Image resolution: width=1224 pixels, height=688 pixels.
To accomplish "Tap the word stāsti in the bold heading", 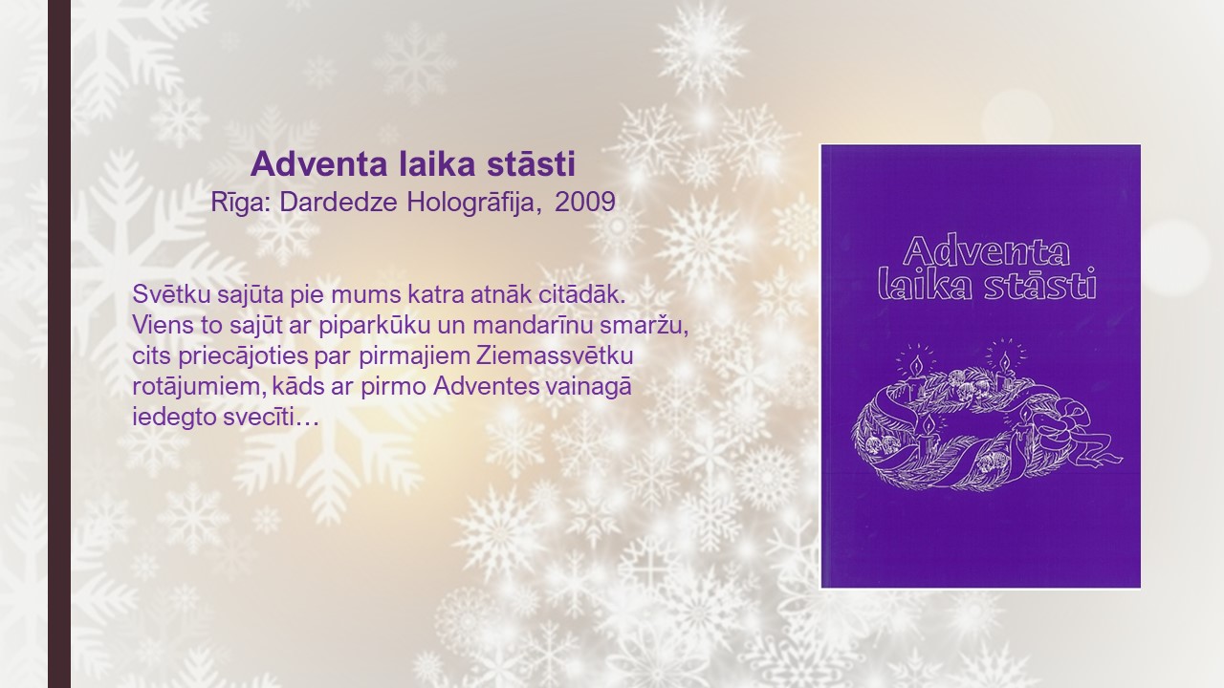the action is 531,163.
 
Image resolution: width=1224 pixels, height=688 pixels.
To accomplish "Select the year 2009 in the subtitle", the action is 585,202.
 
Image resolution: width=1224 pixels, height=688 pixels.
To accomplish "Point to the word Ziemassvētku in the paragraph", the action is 555,355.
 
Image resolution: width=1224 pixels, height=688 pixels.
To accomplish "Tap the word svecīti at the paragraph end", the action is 259,418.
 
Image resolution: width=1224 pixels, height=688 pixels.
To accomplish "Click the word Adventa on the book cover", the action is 986,251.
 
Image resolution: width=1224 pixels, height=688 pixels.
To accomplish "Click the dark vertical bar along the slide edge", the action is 59,344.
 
